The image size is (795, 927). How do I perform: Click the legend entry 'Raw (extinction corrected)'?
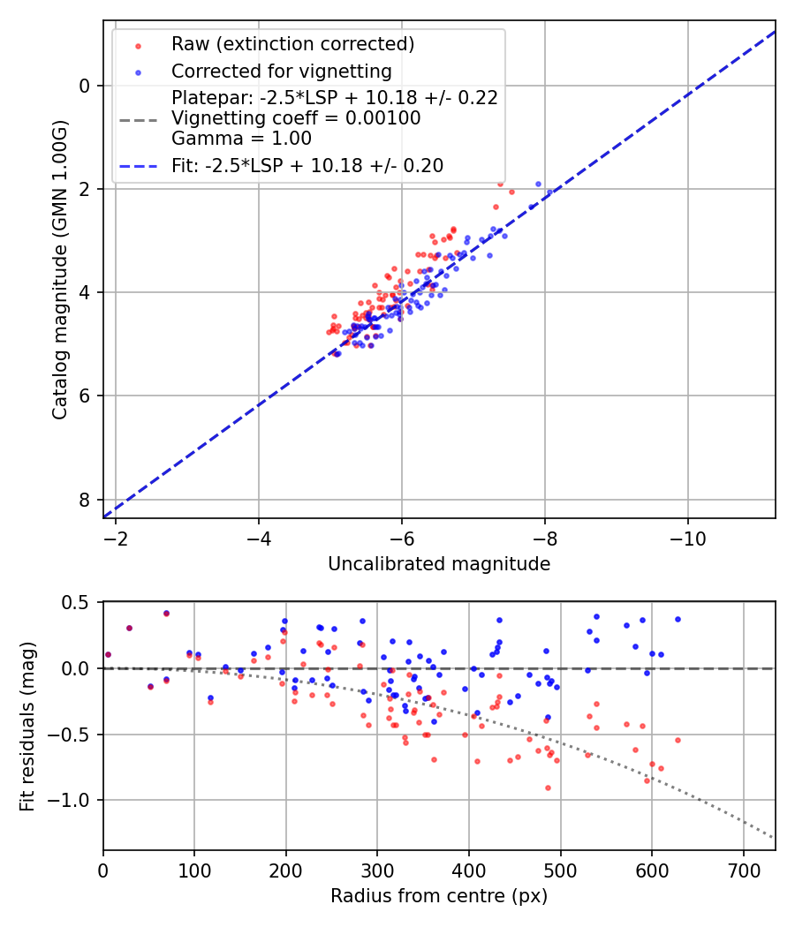pyautogui.click(x=292, y=44)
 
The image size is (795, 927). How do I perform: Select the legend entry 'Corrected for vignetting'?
pyautogui.click(x=281, y=71)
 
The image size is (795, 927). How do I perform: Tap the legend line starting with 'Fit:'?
pyautogui.click(x=307, y=166)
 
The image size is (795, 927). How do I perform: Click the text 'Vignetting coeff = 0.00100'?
pyautogui.click(x=296, y=118)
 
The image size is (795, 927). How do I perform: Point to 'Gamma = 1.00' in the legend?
pyautogui.click(x=241, y=139)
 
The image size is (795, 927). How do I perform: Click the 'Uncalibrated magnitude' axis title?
pyautogui.click(x=439, y=564)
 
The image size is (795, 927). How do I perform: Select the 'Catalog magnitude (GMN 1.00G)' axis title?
pyautogui.click(x=59, y=268)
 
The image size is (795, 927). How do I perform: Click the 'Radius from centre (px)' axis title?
pyautogui.click(x=439, y=896)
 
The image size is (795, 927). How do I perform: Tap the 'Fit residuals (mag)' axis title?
pyautogui.click(x=27, y=726)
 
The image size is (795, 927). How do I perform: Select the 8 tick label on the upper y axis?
pyautogui.click(x=85, y=500)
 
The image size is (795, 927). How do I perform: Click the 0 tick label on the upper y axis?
pyautogui.click(x=85, y=86)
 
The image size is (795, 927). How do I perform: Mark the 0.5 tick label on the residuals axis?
pyautogui.click(x=78, y=602)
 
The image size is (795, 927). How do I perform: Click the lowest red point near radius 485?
pyautogui.click(x=548, y=788)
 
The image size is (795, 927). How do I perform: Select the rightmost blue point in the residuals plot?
pyautogui.click(x=678, y=619)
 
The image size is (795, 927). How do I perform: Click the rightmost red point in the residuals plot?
pyautogui.click(x=678, y=740)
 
